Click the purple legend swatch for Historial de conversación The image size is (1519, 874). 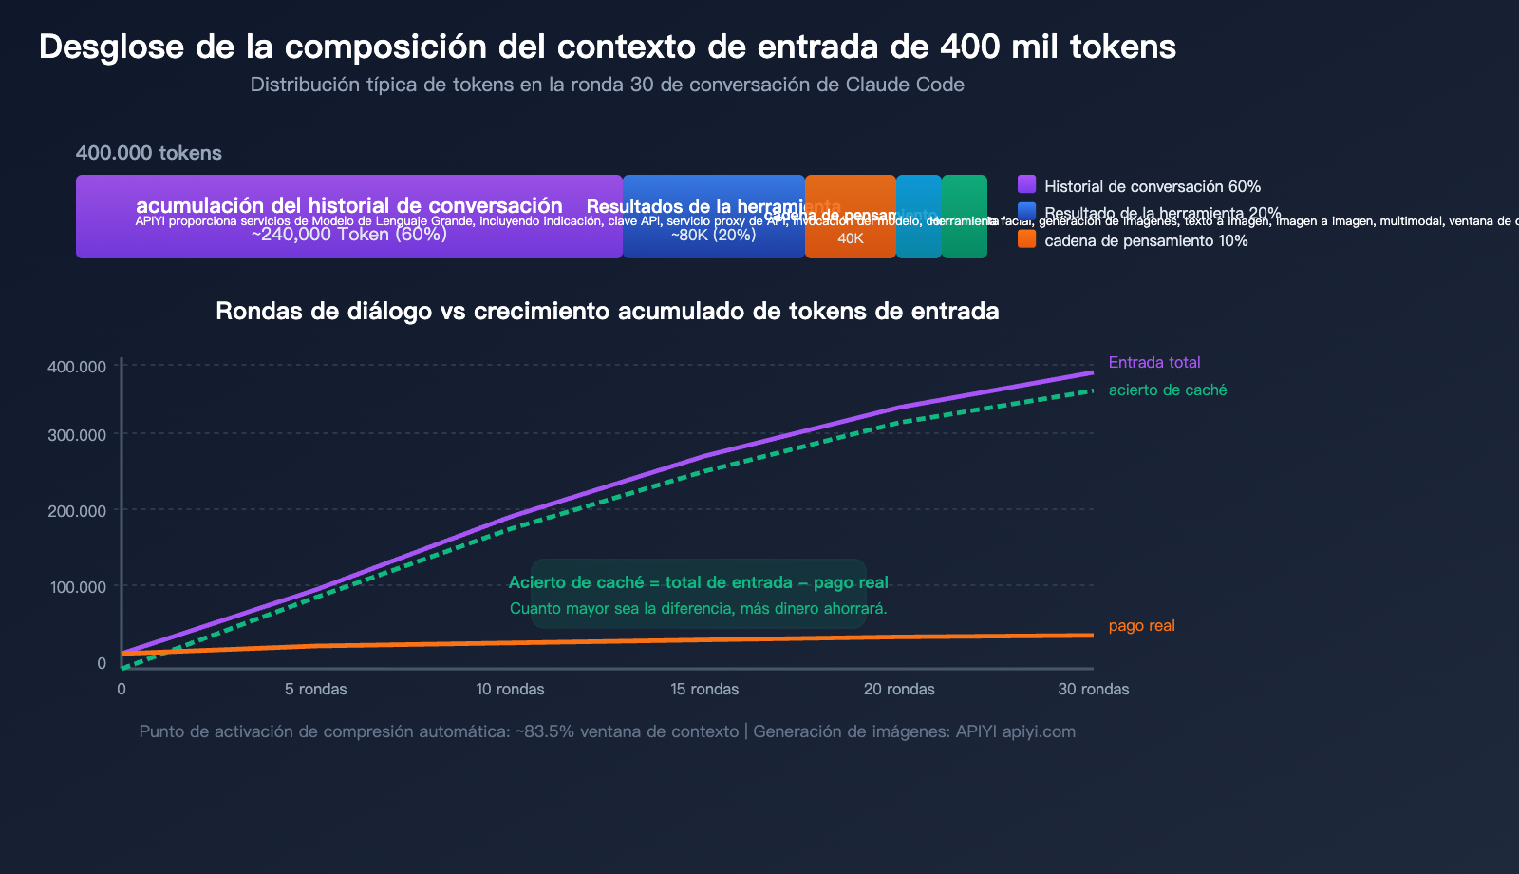pos(1026,184)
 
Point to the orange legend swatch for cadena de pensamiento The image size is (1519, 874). pos(1026,239)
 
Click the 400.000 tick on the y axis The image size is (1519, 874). pos(77,367)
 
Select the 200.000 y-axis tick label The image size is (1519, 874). pos(77,511)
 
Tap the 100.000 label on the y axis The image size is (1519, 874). pos(77,587)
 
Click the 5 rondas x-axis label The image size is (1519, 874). pos(315,689)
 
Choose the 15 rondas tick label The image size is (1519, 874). pos(704,689)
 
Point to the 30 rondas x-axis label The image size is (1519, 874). pos(1094,689)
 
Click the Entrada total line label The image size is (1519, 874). pos(1154,362)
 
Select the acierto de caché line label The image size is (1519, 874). pos(1168,389)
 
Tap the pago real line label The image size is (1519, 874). pos(1141,625)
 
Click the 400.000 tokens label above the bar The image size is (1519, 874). pos(149,153)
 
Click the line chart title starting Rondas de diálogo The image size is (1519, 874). pos(608,311)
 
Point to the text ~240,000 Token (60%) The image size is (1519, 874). pos(348,235)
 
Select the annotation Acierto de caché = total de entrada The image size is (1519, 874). pos(698,582)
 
